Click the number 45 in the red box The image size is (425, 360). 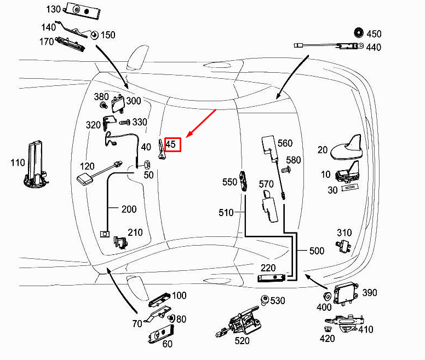(x=171, y=145)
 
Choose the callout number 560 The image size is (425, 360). (x=285, y=143)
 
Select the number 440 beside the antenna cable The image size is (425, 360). (x=374, y=48)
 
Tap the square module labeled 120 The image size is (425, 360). (x=85, y=180)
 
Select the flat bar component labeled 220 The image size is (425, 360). (x=273, y=278)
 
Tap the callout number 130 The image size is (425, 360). (x=54, y=9)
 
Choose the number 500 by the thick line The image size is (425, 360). (x=317, y=251)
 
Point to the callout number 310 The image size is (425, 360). (x=344, y=233)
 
